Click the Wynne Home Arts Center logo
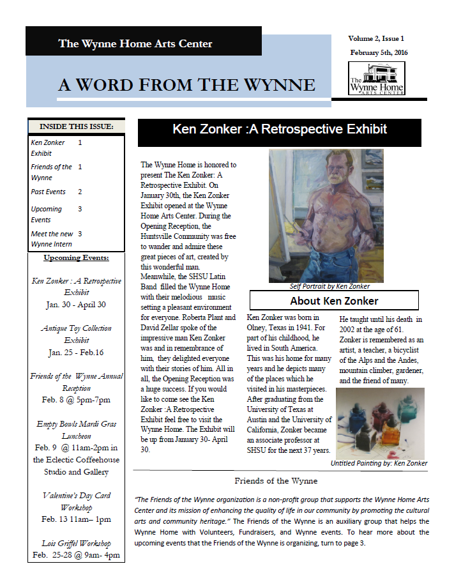click(376, 78)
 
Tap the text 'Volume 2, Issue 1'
click(381, 39)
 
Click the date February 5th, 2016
click(379, 52)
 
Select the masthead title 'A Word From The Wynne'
click(186, 85)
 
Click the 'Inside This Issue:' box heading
click(76, 126)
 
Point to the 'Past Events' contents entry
click(49, 192)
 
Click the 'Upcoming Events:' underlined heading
click(76, 258)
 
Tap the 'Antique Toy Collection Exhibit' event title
click(76, 334)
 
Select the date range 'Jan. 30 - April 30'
click(76, 305)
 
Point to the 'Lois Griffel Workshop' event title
click(76, 544)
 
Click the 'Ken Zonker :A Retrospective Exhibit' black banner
click(280, 130)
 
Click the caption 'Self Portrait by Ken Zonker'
click(329, 286)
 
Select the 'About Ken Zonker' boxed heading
click(333, 300)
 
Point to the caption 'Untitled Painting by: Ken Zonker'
click(379, 463)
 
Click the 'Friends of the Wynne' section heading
click(276, 480)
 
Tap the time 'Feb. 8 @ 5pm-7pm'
click(76, 400)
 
